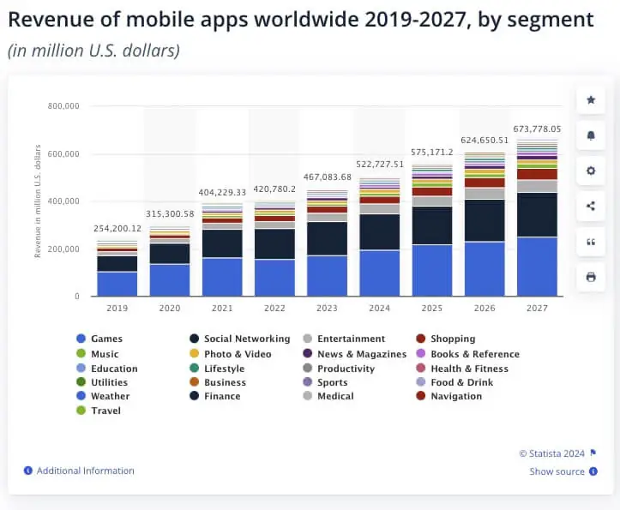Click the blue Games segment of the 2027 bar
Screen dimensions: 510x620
coord(537,267)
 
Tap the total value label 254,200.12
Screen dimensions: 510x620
coord(117,229)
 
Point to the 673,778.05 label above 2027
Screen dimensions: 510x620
coord(538,129)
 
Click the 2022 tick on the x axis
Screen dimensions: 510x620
coord(274,307)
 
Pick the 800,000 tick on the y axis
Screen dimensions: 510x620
coord(63,106)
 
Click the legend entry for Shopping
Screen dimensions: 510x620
coord(452,339)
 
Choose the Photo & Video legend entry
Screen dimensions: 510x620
coord(237,354)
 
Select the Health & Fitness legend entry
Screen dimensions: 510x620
coord(468,369)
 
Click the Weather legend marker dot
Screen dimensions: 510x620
coord(81,397)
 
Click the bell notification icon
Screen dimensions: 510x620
coord(590,135)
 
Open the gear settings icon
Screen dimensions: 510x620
coord(590,171)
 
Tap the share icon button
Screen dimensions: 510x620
coord(590,206)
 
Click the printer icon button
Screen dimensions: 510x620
coord(590,277)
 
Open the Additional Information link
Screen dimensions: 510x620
coord(85,471)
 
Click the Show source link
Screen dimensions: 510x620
coord(557,471)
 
